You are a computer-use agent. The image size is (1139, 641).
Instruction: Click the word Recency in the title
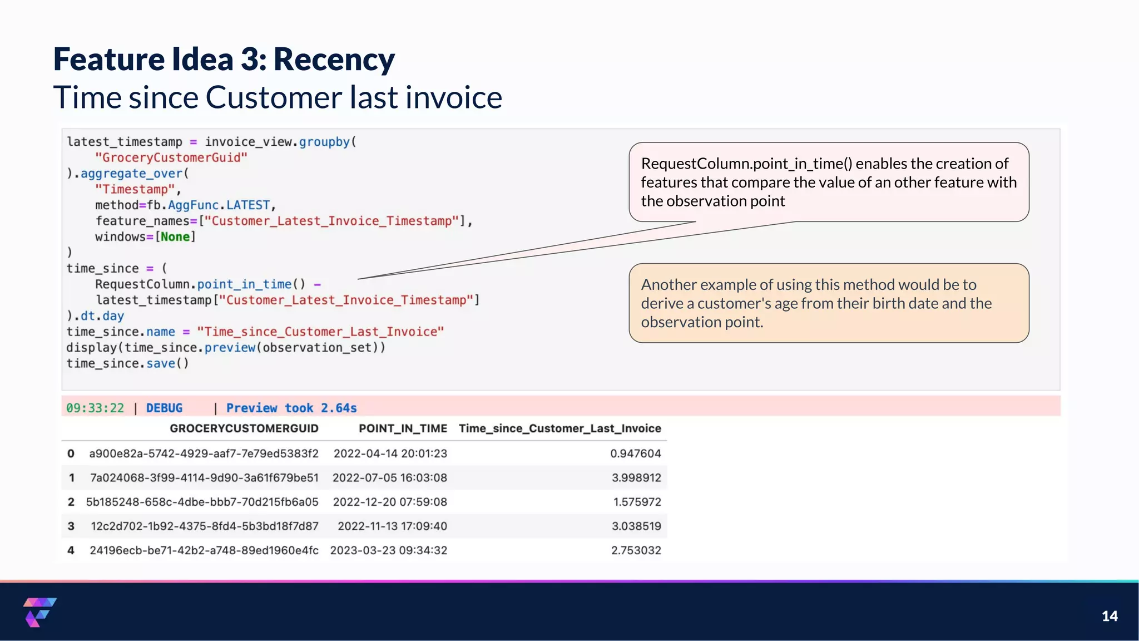[x=334, y=60]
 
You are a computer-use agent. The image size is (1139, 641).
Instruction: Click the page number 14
[x=1109, y=616]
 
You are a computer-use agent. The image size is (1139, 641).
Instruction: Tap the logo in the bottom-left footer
[x=39, y=612]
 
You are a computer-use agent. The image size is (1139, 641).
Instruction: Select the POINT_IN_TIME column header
[x=403, y=428]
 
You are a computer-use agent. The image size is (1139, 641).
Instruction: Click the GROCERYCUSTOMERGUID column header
[x=244, y=428]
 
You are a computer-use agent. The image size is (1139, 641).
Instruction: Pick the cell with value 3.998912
[x=636, y=477]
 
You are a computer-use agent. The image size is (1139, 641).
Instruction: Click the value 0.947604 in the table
[x=635, y=453]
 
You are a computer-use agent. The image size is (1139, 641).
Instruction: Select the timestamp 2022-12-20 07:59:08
[x=390, y=502]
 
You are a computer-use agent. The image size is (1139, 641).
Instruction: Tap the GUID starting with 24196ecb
[x=204, y=550]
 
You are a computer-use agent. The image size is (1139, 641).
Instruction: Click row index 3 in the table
[x=71, y=526]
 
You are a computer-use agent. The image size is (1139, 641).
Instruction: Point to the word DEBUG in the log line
[x=164, y=408]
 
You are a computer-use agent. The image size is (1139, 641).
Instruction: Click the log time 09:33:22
[x=95, y=408]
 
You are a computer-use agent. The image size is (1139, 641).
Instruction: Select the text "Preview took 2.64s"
[x=291, y=408]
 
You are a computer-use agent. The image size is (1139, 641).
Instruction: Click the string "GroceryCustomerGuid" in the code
[x=171, y=157]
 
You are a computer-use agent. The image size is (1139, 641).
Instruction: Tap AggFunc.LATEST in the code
[x=219, y=205]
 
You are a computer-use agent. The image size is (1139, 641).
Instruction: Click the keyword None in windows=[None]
[x=175, y=237]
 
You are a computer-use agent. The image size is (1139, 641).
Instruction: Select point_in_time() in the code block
[x=251, y=284]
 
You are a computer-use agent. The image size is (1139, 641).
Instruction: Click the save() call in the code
[x=167, y=363]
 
